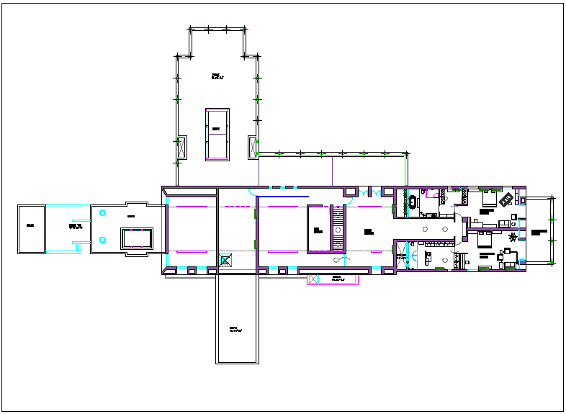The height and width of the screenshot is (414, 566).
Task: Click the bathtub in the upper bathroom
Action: [x=414, y=202]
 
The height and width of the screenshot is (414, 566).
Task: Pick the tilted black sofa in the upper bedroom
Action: [x=507, y=198]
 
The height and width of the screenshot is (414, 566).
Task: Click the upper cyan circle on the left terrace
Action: [x=103, y=213]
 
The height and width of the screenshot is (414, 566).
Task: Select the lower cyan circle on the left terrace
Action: [x=103, y=240]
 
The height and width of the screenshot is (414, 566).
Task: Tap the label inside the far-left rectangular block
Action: [x=30, y=226]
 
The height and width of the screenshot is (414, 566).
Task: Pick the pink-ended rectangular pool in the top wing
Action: [x=217, y=135]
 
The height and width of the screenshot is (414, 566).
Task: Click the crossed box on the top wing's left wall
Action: [x=181, y=147]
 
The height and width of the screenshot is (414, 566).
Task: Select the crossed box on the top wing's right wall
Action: [x=252, y=146]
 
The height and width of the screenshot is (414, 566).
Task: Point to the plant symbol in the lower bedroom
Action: [x=513, y=238]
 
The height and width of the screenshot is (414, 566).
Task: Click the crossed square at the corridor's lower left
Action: [x=225, y=261]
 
